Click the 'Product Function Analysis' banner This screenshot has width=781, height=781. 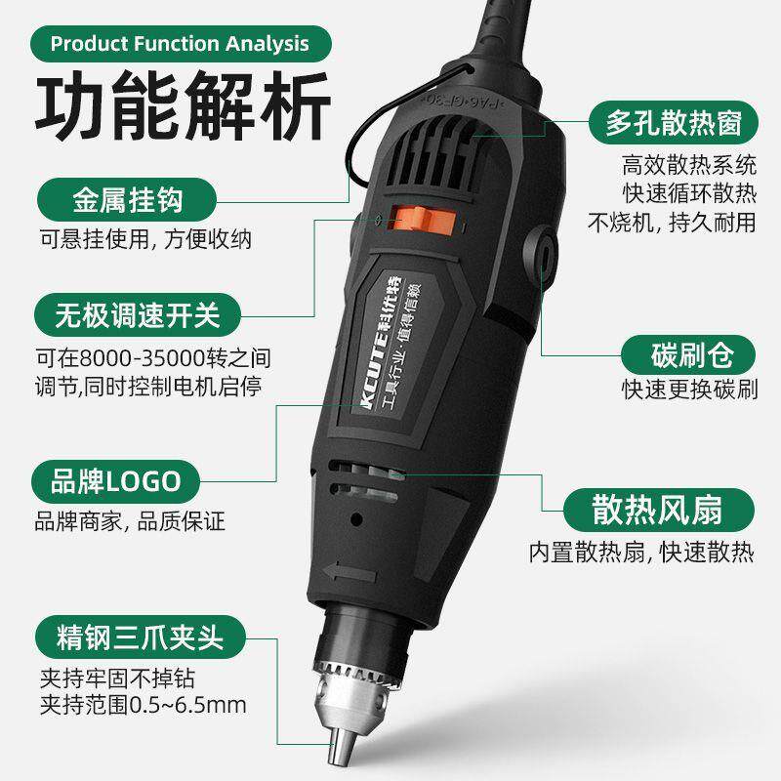tap(179, 44)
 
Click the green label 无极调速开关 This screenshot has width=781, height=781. tap(136, 315)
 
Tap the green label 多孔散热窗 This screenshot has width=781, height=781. tap(673, 125)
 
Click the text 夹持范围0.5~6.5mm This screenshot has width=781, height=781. tap(143, 704)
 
